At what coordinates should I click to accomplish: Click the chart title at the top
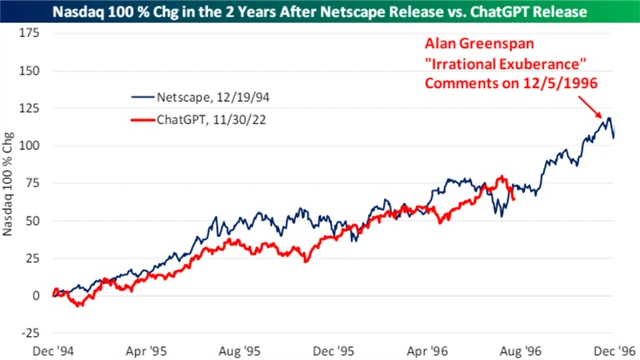pos(320,12)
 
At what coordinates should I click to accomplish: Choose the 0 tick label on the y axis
pos(34,295)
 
